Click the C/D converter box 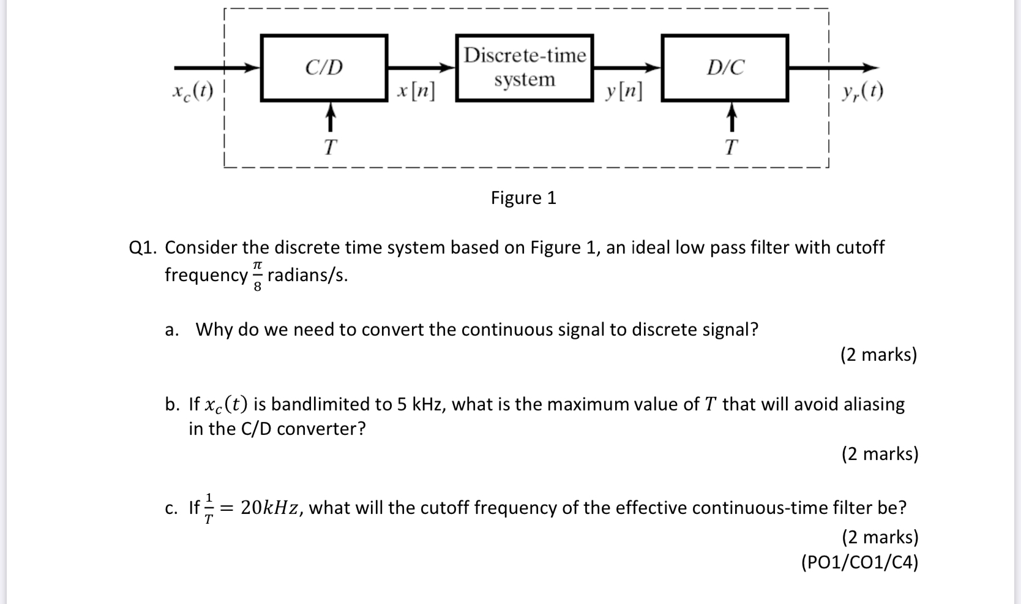point(324,67)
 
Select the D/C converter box point(725,67)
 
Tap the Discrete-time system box point(525,67)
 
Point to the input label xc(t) point(193,91)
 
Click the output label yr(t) point(862,91)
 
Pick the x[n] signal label point(416,91)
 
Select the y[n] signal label point(623,91)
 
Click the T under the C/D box point(330,147)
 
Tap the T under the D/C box point(731,147)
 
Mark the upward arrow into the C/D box point(330,117)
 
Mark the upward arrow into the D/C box point(731,117)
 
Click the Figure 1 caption point(523,198)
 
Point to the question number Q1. point(144,247)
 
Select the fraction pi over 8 point(258,276)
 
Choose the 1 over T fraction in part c point(209,508)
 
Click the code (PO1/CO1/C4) point(859,562)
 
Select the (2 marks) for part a point(878,355)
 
